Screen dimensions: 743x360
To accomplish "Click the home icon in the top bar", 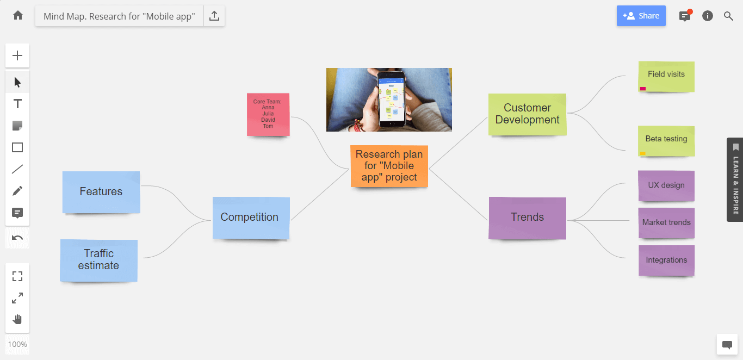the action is pos(18,15).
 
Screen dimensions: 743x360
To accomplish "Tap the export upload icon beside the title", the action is pos(214,16).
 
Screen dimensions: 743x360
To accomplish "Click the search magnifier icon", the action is pos(728,16).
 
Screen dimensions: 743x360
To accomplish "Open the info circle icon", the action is pos(708,16).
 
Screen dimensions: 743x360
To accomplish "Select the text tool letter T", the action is pos(17,104).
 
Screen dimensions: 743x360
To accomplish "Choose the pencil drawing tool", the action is pos(17,191).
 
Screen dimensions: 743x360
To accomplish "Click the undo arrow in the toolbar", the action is pos(17,238).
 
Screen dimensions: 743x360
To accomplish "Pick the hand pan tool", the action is pos(17,319).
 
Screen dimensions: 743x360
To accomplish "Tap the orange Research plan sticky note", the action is pos(389,166).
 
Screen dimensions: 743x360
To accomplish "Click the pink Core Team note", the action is pos(268,114).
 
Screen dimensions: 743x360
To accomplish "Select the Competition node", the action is pos(251,218).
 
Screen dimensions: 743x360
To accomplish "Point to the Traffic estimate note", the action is pos(99,260).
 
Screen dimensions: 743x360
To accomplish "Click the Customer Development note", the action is pos(528,114).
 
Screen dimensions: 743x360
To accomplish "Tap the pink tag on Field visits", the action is pos(643,89).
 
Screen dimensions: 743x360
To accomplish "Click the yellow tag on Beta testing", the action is pos(643,153).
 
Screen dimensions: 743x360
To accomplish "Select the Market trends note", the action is pos(666,223).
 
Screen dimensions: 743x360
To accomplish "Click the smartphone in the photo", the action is pos(392,99).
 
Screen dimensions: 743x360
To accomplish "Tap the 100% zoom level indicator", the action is pos(17,344).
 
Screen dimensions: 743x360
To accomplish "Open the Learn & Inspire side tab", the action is pos(735,179).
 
